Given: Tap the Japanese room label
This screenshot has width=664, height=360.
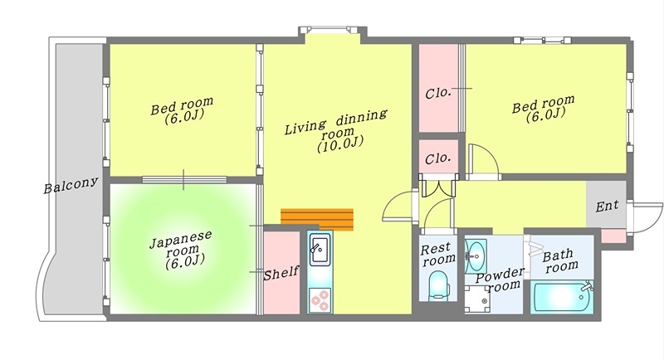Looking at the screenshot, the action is click(182, 250).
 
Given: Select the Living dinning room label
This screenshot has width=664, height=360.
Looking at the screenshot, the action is click(337, 131).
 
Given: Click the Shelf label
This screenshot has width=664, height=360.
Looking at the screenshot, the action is click(281, 273).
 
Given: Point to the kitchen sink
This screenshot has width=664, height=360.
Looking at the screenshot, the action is click(320, 251).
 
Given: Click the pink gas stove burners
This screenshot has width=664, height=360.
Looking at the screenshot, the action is click(320, 300).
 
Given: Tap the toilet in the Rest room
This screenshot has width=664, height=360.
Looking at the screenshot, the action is click(438, 286).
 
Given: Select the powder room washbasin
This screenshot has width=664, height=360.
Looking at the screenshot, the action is click(476, 255).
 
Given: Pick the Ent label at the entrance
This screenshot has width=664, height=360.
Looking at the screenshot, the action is click(608, 206).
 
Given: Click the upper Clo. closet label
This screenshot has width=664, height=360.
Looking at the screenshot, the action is click(438, 93).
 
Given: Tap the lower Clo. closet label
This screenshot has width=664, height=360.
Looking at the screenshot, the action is click(438, 158).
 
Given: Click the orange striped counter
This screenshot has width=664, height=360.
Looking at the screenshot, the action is click(317, 219).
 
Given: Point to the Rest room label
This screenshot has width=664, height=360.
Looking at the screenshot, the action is click(438, 253).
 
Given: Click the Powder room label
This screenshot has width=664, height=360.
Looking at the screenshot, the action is click(500, 280).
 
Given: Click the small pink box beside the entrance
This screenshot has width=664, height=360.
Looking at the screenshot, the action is click(613, 236).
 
